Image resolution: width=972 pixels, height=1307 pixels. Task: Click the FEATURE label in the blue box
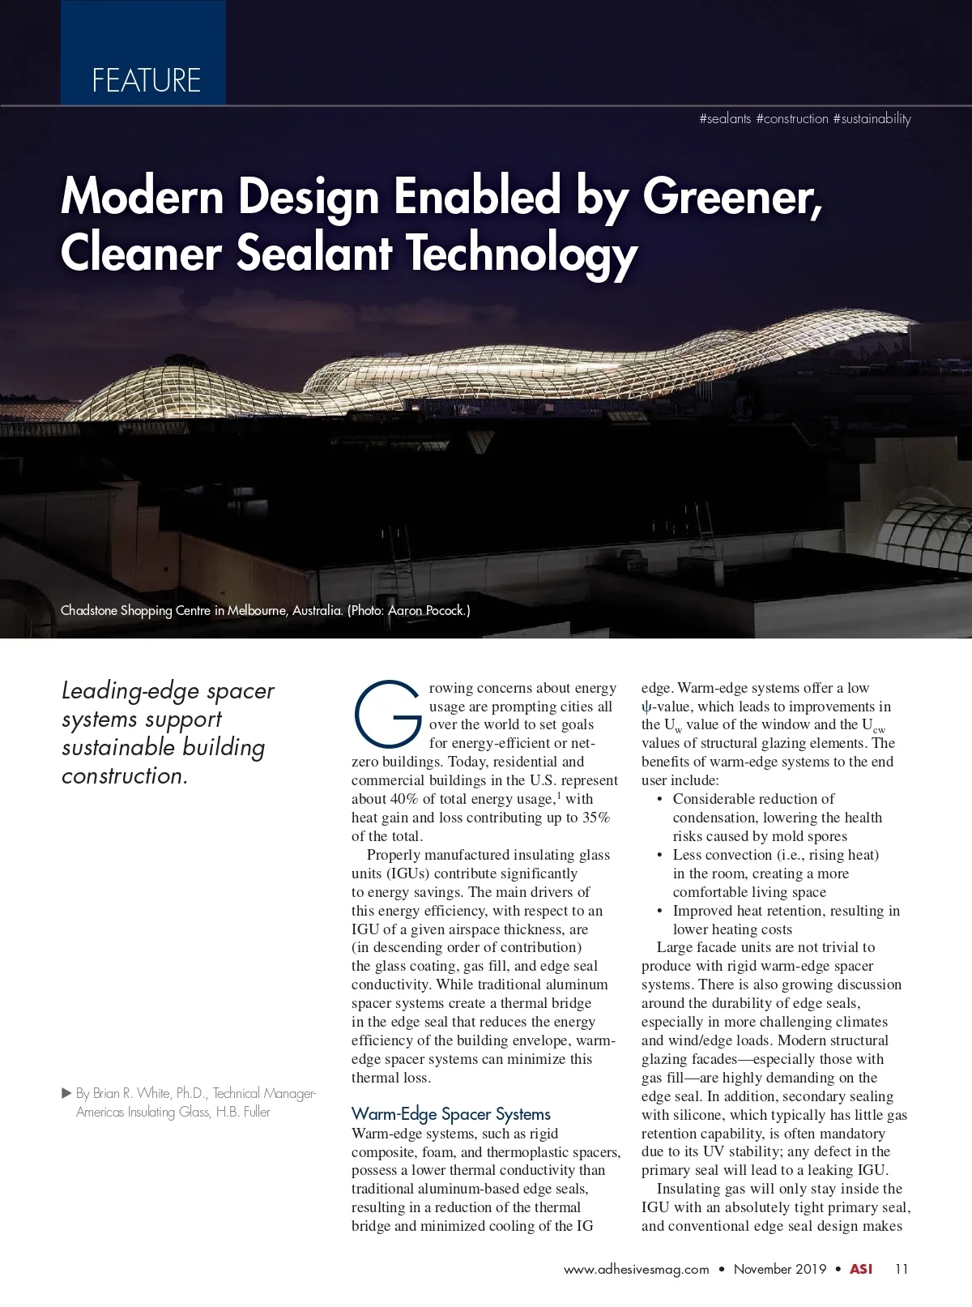click(146, 80)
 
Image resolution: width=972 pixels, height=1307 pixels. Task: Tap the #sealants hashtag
click(725, 119)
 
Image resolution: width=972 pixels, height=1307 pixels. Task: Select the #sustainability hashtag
click(872, 119)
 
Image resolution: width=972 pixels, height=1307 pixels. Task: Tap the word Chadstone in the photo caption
click(89, 610)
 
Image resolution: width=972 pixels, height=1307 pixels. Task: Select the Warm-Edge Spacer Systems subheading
click(450, 1114)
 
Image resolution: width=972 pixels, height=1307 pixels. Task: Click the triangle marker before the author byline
click(67, 1093)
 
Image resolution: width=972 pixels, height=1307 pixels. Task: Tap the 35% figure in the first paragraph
click(595, 818)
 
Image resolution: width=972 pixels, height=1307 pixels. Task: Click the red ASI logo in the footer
click(861, 1269)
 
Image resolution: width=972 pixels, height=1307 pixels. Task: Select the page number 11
click(902, 1269)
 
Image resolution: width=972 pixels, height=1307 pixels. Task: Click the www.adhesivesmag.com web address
click(636, 1269)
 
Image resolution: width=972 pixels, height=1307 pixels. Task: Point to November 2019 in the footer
click(780, 1269)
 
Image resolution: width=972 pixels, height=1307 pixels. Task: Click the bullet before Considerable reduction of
click(660, 800)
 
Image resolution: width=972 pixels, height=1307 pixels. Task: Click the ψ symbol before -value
click(646, 707)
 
